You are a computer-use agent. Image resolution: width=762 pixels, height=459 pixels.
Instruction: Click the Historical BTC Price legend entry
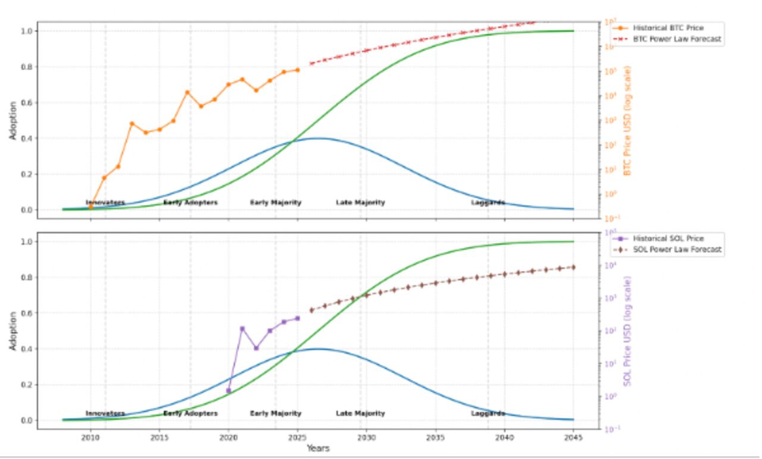[667, 28]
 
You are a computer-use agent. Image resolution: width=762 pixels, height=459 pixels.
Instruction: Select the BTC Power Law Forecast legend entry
[676, 39]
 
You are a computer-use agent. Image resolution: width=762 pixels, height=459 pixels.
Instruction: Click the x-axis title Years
[318, 448]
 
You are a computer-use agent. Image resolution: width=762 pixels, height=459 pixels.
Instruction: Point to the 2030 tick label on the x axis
[366, 437]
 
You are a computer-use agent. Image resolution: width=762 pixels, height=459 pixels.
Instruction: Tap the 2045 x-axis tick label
[573, 437]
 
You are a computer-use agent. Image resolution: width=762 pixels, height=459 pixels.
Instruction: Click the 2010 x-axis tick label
[90, 437]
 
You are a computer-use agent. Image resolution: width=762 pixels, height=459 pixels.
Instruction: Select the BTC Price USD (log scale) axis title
[627, 120]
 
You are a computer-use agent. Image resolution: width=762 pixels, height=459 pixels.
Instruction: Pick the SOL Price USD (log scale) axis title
[627, 331]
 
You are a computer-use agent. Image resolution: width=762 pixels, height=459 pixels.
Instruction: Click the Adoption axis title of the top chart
[13, 120]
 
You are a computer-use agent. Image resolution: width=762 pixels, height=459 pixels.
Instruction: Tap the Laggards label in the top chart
[488, 203]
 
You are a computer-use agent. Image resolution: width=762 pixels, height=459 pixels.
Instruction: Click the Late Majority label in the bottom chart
[360, 413]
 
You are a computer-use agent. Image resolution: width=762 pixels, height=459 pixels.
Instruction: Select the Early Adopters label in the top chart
[190, 203]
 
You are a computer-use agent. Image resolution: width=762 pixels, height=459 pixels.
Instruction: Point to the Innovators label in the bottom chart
[105, 413]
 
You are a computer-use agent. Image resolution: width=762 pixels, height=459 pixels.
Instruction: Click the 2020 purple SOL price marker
[229, 391]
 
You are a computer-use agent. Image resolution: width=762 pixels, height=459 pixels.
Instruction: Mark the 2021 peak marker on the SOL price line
[242, 328]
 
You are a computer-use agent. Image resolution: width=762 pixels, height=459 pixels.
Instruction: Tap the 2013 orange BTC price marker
[132, 124]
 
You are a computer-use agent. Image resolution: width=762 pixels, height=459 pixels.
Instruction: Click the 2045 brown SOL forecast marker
[573, 267]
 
